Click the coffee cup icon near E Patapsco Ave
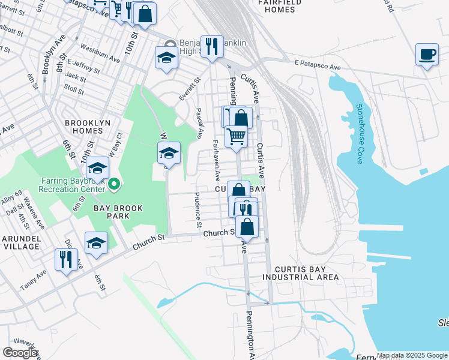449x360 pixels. pyautogui.click(x=427, y=55)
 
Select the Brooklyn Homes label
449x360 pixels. pyautogui.click(x=88, y=127)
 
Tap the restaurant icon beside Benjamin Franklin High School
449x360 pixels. pyautogui.click(x=210, y=46)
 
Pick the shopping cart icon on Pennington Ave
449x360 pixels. pyautogui.click(x=236, y=137)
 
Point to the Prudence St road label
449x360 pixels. pyautogui.click(x=198, y=210)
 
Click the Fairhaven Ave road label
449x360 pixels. pyautogui.click(x=216, y=160)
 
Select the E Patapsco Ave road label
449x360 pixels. pyautogui.click(x=318, y=62)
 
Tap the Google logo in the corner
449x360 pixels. pyautogui.click(x=20, y=353)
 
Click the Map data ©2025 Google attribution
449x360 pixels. pyautogui.click(x=412, y=355)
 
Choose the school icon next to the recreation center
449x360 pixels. pyautogui.click(x=97, y=169)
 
